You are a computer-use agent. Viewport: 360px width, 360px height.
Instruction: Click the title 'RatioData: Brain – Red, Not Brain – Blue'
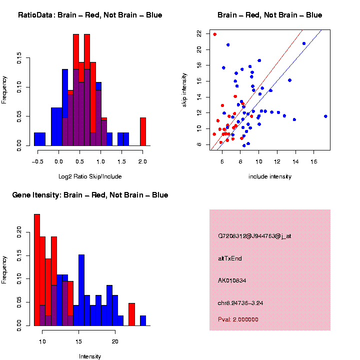point(90,15)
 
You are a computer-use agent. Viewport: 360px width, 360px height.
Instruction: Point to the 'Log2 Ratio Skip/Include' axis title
point(90,176)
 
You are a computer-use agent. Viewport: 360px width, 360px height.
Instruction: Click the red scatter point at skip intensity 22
point(215,34)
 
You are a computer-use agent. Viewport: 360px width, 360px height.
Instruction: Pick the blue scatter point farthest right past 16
point(325,116)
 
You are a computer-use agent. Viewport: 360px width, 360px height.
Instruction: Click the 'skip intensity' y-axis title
point(184,89)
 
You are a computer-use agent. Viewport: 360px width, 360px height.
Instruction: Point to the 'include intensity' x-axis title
point(270,176)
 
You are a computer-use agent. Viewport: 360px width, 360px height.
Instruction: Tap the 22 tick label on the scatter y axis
point(199,33)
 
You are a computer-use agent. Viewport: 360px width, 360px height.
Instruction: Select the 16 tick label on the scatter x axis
point(314,161)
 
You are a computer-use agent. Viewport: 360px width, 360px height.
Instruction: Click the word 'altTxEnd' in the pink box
point(230,258)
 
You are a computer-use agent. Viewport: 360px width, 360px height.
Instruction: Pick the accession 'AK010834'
point(232,280)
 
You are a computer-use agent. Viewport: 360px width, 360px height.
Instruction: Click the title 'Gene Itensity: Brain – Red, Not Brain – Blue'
point(90,195)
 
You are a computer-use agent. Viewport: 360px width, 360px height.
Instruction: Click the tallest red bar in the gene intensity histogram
point(37,270)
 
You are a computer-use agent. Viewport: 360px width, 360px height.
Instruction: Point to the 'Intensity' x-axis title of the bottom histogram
point(90,356)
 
